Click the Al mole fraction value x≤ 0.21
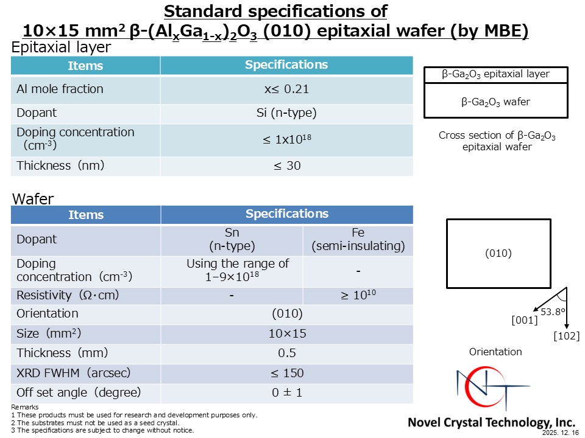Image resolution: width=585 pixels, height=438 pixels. click(286, 89)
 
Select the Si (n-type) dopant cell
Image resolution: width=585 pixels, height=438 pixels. click(286, 113)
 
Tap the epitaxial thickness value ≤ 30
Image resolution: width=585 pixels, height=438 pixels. click(286, 165)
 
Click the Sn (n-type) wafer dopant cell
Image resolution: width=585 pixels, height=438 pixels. click(232, 240)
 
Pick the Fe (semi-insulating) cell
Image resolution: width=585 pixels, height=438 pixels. click(358, 240)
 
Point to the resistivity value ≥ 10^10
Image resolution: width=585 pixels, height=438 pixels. click(358, 296)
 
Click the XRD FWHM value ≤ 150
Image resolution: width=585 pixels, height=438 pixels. click(286, 373)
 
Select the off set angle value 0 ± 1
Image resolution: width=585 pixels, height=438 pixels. click(286, 392)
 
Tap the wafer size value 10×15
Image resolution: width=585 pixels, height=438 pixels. click(286, 334)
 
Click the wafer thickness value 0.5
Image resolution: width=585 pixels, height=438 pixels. click(286, 353)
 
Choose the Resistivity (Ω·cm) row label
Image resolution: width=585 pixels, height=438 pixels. click(68, 296)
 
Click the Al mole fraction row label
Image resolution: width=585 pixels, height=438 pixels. click(60, 89)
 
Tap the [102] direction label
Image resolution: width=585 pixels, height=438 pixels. click(566, 336)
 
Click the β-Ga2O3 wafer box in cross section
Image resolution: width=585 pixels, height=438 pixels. click(495, 102)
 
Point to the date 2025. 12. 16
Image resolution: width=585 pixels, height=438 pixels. click(562, 433)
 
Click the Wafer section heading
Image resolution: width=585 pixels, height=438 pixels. click(33, 199)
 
